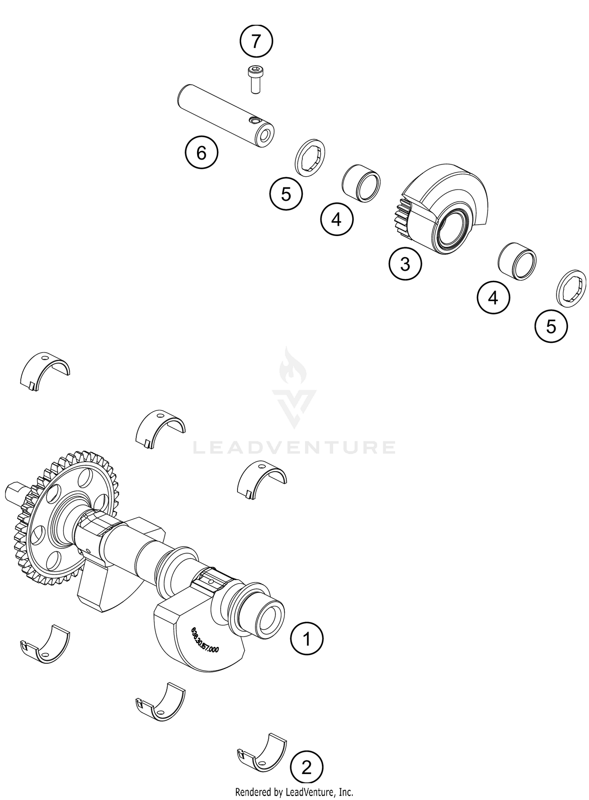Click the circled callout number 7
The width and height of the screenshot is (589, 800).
pos(256,41)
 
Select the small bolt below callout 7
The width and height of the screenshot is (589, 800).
pos(255,79)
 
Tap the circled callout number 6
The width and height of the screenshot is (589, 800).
pos(201,153)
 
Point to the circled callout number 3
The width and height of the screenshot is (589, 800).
pos(405,264)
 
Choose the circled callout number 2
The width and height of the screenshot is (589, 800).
pos(306,767)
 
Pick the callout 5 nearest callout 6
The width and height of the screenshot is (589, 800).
pos(286,194)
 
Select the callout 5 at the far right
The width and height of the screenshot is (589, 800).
pos(551,326)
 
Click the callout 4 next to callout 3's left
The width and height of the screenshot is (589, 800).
pos(337,219)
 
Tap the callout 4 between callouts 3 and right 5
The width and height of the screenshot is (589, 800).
pos(493,298)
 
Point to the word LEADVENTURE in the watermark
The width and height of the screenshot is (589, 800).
pos(294,447)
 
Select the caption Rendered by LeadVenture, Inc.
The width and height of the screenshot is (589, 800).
pos(294,791)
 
